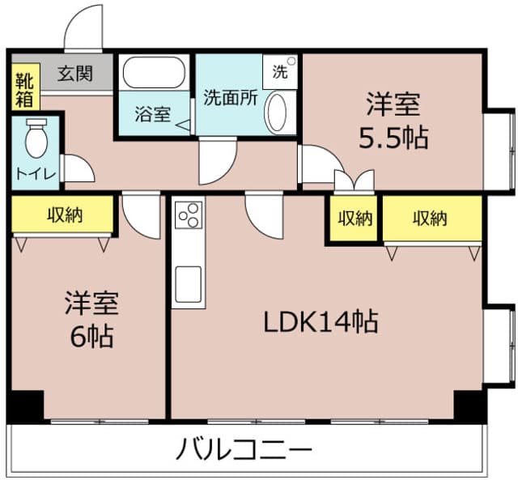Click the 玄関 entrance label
click(x=74, y=74)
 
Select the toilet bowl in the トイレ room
click(x=36, y=139)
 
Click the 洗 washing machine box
click(x=281, y=70)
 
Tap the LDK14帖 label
click(x=321, y=322)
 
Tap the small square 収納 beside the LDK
click(x=355, y=218)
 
